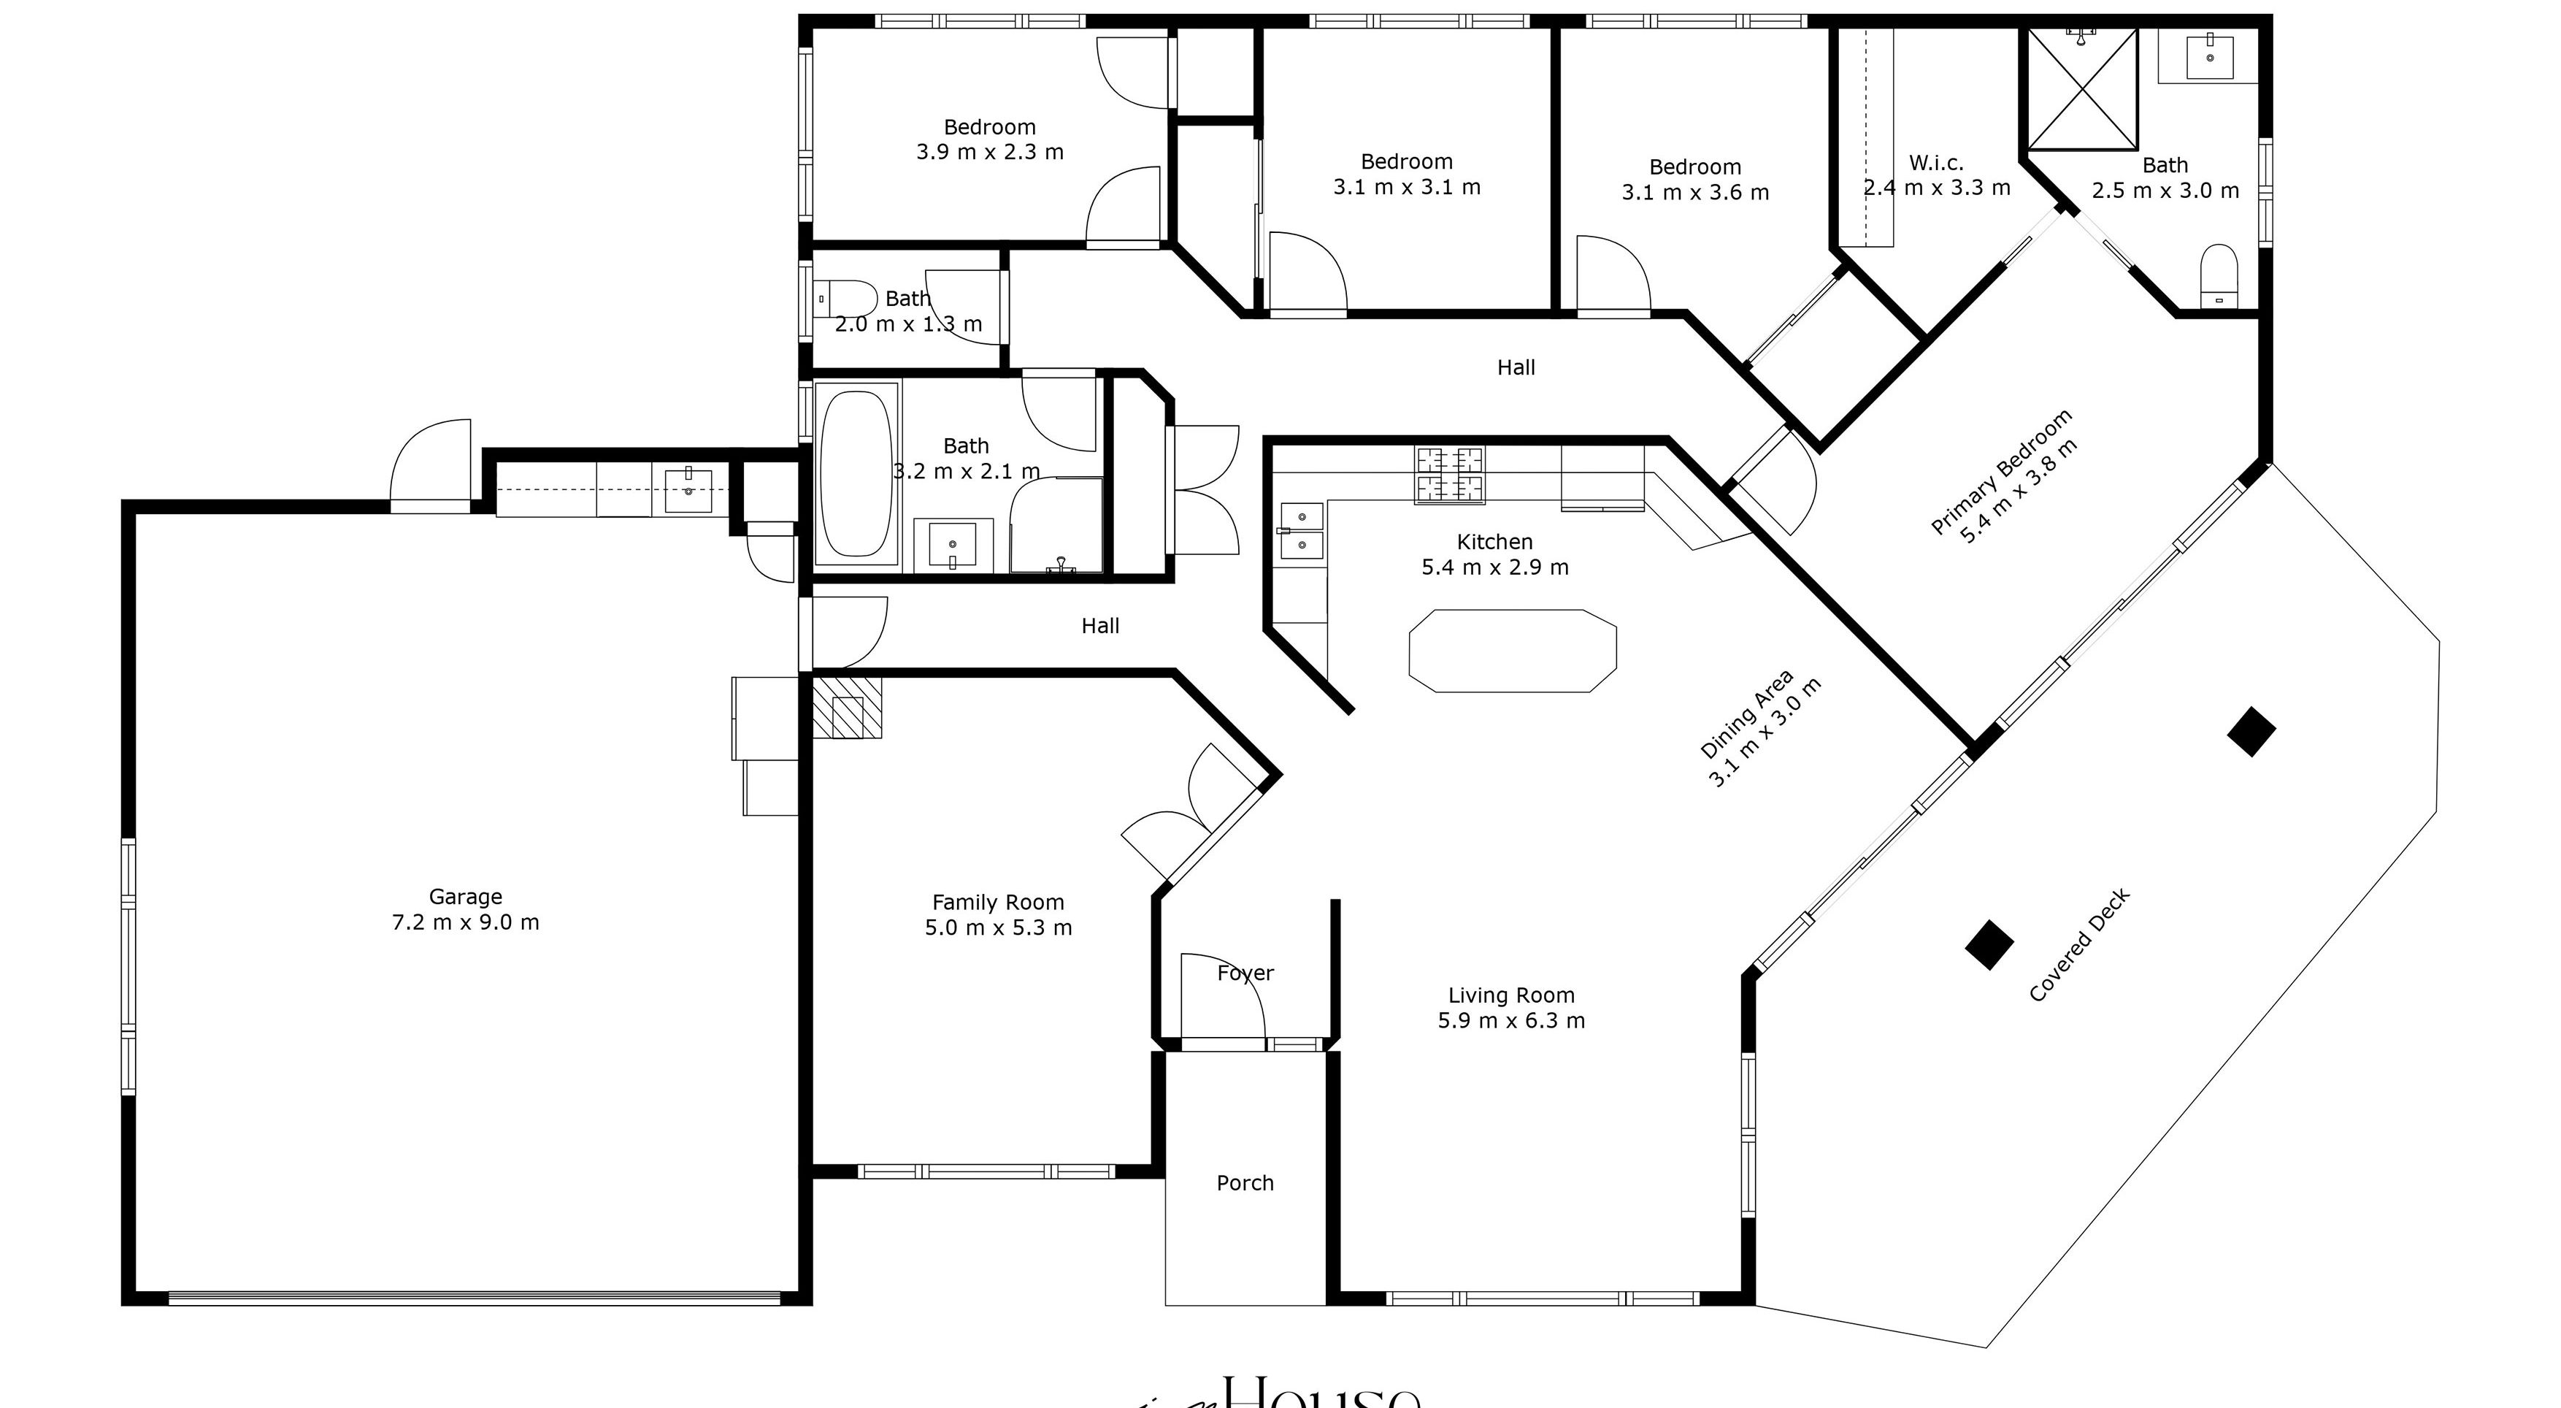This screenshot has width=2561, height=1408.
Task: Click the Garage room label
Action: [x=465, y=897]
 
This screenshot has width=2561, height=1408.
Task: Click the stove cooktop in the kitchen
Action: [x=1450, y=475]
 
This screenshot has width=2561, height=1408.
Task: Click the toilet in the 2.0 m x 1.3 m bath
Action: [x=844, y=298]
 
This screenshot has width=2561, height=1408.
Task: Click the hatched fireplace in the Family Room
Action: [x=847, y=708]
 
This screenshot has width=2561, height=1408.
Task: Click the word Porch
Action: [x=1245, y=1183]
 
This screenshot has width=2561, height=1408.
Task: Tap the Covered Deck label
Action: [x=2079, y=946]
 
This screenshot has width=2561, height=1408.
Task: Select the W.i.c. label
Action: [x=1935, y=162]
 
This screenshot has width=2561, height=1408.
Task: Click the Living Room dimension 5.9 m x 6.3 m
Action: [x=1511, y=1020]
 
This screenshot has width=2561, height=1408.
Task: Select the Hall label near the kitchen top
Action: [x=1516, y=368]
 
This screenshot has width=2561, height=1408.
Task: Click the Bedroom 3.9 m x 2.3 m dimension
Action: [x=989, y=152]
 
